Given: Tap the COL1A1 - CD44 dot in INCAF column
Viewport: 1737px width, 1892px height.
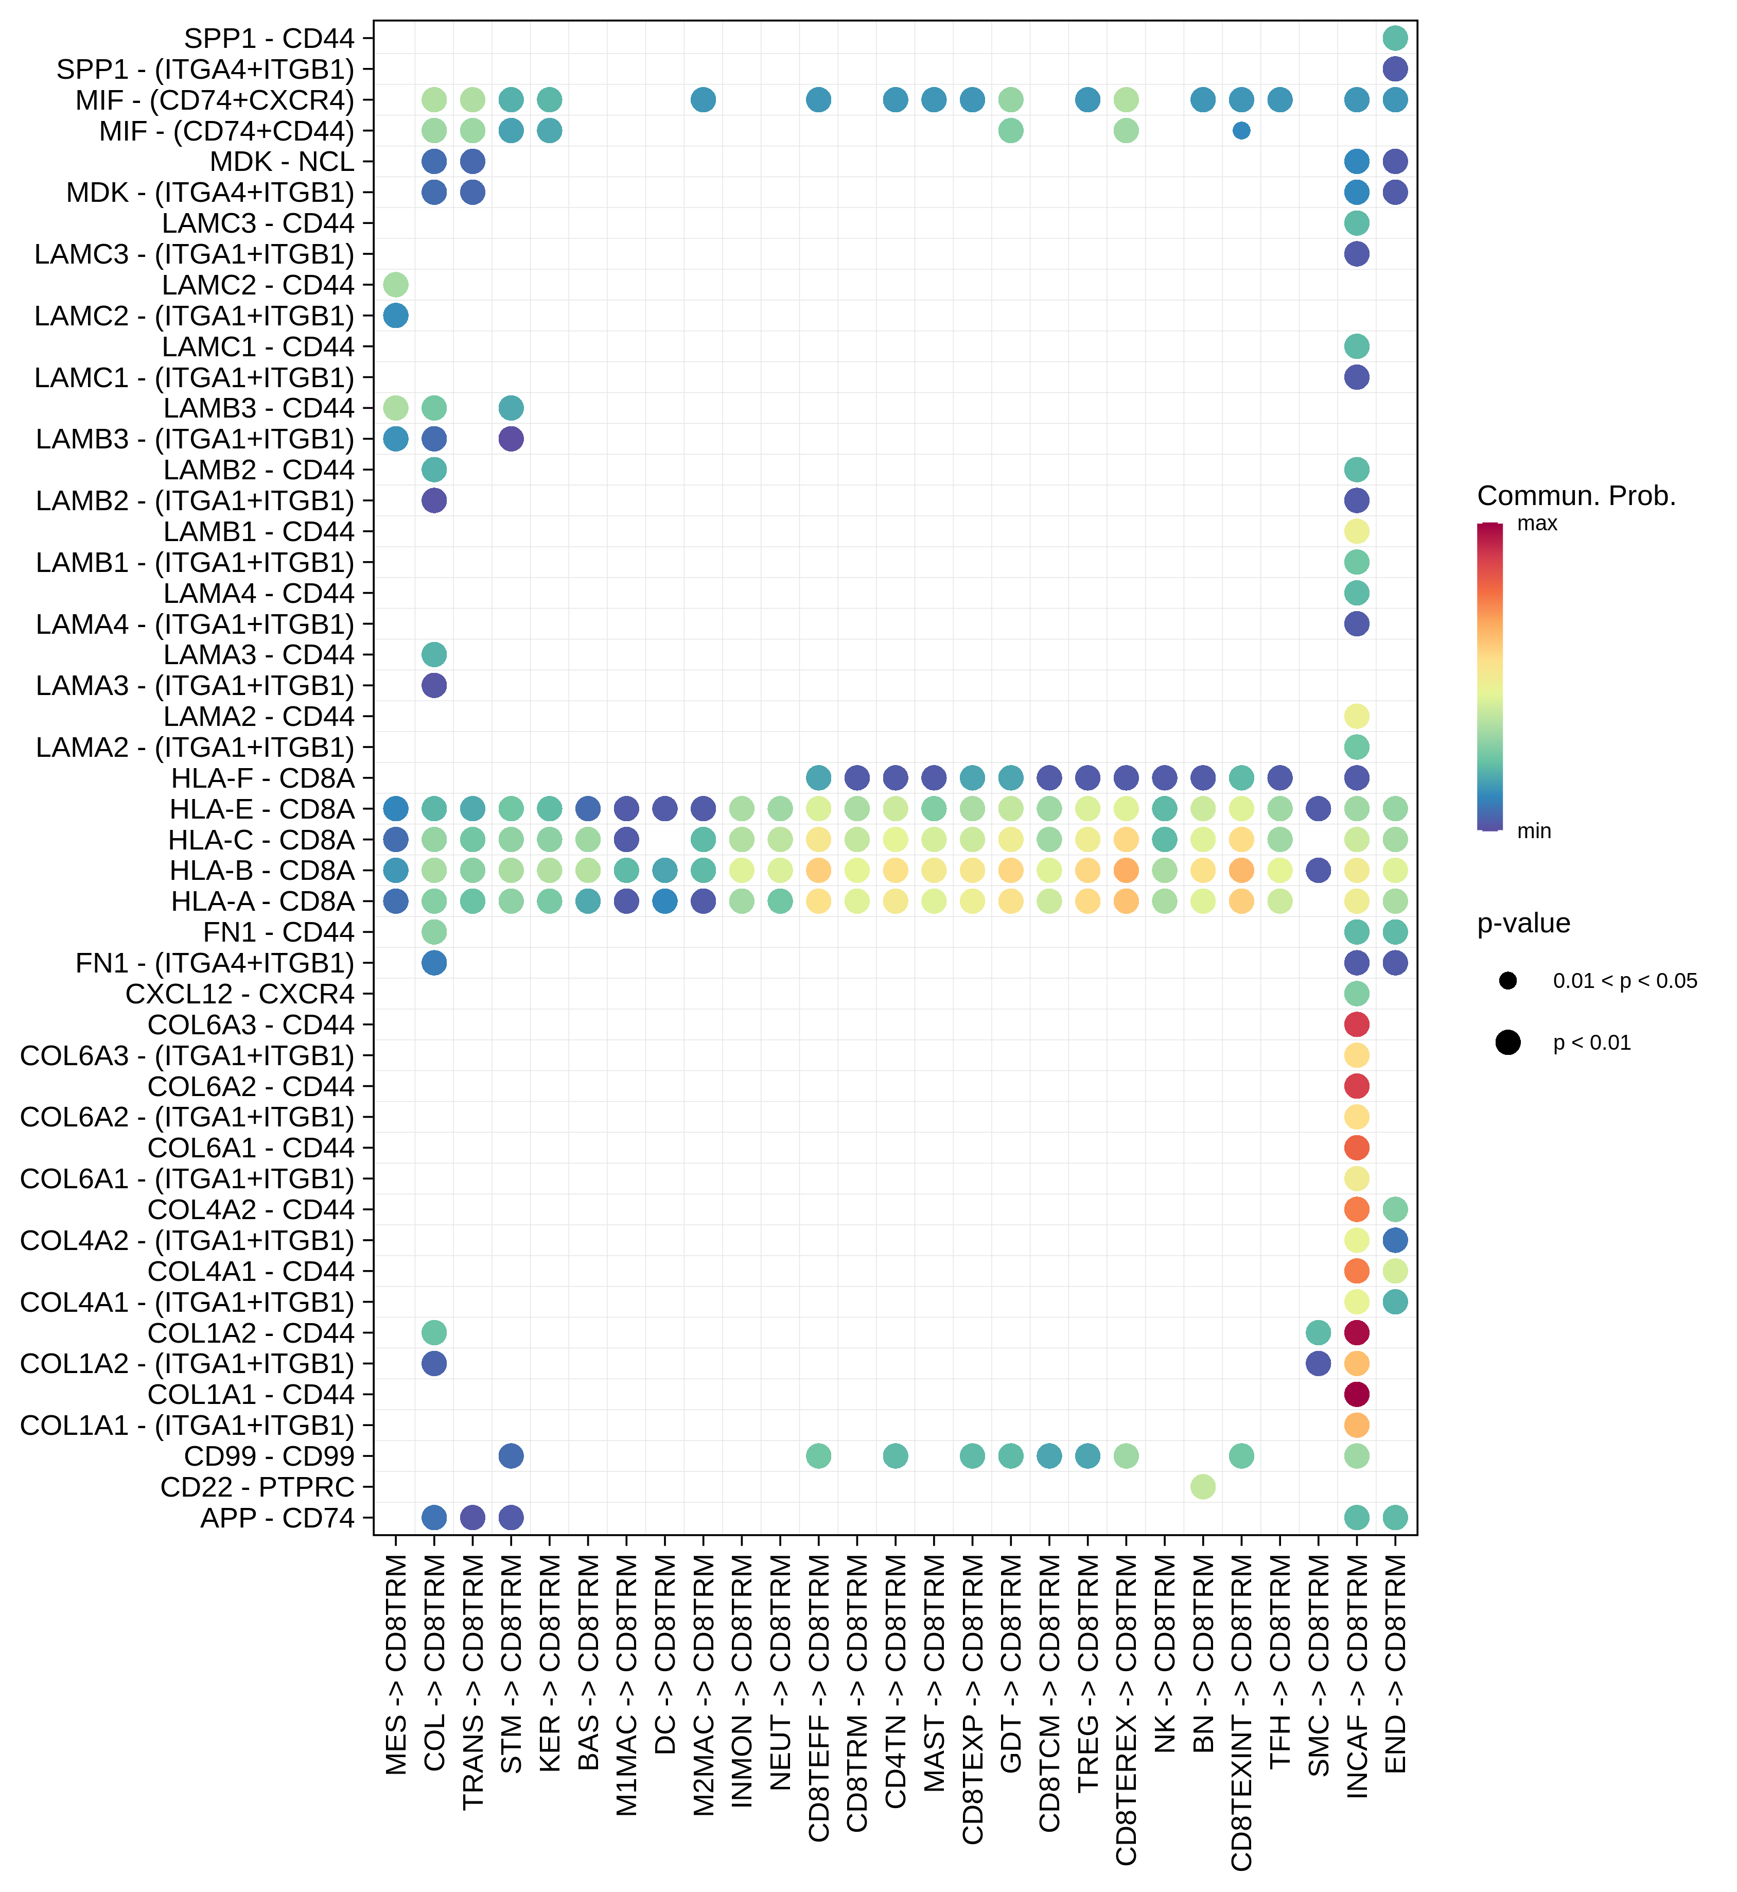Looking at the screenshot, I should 1356,1395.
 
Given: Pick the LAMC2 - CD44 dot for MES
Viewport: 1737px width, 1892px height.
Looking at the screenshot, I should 396,285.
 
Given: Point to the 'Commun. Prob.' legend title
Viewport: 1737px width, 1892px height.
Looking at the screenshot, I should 1576,496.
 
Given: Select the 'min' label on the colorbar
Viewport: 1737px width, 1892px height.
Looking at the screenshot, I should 1534,831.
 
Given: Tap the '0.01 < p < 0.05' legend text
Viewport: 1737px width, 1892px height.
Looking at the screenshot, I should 1624,981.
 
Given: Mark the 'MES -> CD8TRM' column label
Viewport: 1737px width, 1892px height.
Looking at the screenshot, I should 396,1664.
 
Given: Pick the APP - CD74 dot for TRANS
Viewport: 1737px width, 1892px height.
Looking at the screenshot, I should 473,1518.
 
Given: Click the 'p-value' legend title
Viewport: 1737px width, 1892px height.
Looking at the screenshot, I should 1523,924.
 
